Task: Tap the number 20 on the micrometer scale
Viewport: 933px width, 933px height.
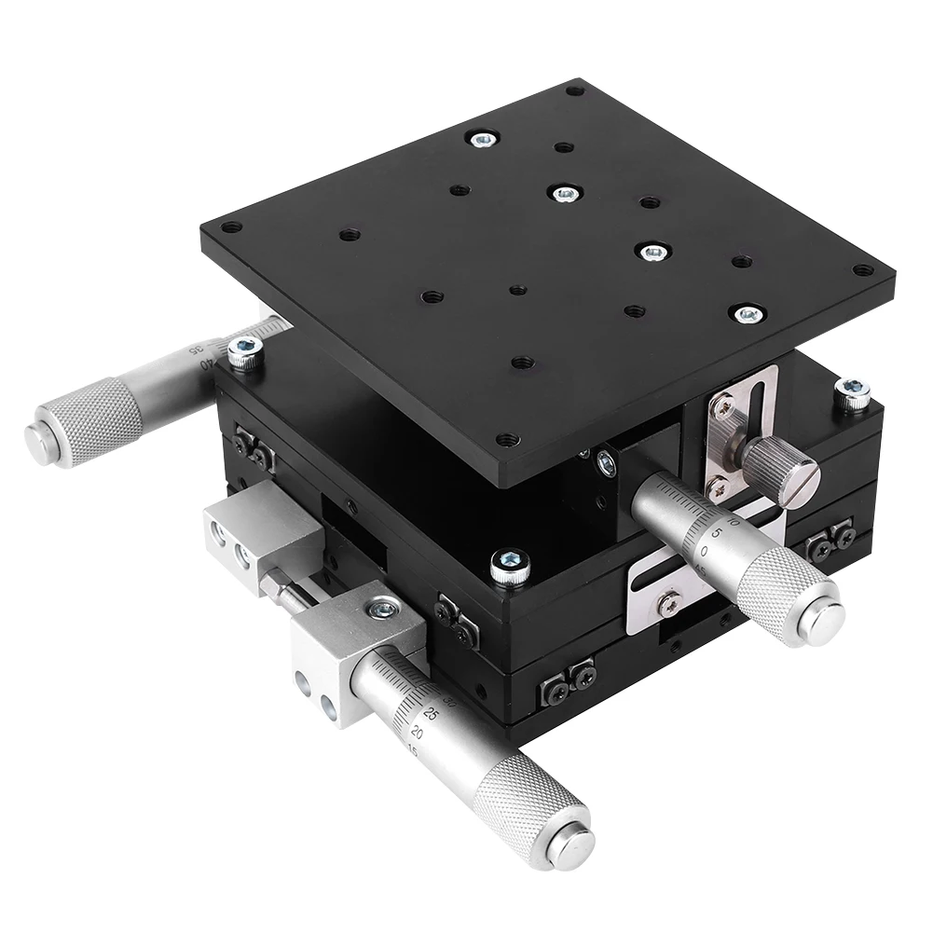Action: coord(417,734)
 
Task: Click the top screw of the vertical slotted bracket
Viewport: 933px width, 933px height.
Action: coord(721,407)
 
